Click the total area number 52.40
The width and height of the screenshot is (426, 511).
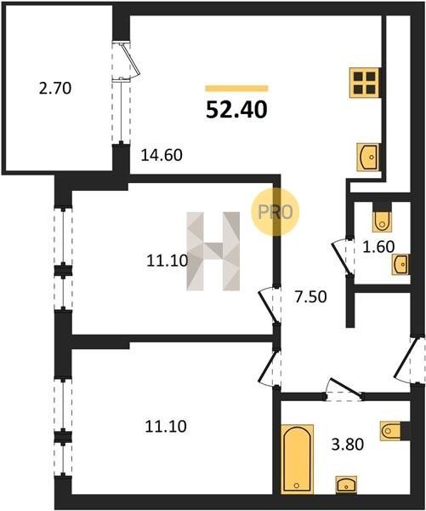tap(236, 110)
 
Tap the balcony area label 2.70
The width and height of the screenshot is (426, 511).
tap(55, 89)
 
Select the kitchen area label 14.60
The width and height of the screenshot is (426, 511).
tap(162, 155)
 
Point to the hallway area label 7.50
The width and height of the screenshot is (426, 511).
tap(311, 297)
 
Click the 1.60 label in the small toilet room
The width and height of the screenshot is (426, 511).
tap(378, 247)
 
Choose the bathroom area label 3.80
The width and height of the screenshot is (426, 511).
tap(347, 445)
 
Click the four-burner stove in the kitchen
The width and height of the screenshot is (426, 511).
tap(365, 83)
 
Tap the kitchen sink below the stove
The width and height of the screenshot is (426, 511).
tap(368, 157)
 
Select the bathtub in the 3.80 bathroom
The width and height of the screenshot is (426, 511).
tap(297, 459)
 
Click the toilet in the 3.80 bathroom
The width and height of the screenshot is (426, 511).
tap(390, 431)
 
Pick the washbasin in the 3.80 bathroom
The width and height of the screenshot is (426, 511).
tap(346, 485)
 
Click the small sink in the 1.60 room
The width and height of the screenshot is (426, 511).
tap(400, 265)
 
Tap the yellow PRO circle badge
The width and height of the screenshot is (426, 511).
tap(275, 212)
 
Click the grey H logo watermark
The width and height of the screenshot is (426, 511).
tap(213, 251)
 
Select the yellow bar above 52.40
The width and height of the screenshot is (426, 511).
tap(236, 89)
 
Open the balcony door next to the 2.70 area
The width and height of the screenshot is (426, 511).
tap(127, 60)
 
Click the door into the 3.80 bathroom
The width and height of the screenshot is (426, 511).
tap(344, 390)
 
